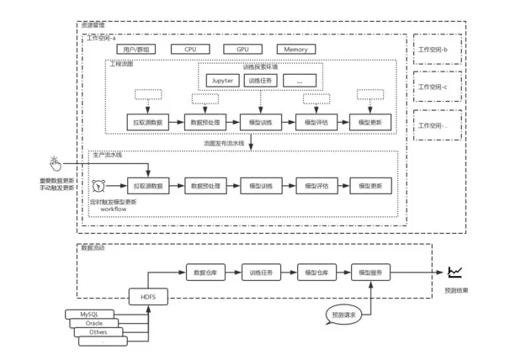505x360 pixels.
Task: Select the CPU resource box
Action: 190,50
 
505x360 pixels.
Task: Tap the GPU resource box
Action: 242,50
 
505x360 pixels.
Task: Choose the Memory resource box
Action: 295,50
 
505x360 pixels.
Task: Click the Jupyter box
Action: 223,81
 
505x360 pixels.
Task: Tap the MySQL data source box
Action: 90,314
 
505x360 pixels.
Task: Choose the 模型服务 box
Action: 369,273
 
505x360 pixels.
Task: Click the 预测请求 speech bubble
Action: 344,315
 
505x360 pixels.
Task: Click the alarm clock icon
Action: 100,185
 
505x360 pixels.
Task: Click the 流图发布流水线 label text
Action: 223,144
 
